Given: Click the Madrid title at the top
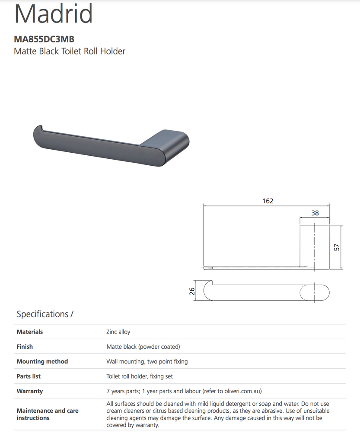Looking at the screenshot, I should (x=54, y=15).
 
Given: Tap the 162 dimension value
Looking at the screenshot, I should (x=268, y=201).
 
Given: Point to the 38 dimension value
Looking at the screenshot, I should (x=315, y=213).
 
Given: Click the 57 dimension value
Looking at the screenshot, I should (x=337, y=247).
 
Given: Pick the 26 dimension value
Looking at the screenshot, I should (x=192, y=291).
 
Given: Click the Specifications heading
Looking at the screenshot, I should (x=45, y=314).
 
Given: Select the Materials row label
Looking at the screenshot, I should (x=30, y=332).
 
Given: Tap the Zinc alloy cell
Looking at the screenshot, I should (x=118, y=332).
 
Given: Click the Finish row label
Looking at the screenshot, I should (x=25, y=347).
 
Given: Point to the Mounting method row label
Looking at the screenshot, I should (x=42, y=361).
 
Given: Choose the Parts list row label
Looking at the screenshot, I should (x=29, y=376).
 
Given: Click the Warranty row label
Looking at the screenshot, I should (x=30, y=391).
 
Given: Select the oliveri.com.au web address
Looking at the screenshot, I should (x=242, y=391).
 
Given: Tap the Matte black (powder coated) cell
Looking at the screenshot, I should (x=143, y=347).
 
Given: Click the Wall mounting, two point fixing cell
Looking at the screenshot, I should (x=147, y=361).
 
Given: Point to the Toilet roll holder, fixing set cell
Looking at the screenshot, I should (x=140, y=376).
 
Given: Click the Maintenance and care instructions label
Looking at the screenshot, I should (x=48, y=414).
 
